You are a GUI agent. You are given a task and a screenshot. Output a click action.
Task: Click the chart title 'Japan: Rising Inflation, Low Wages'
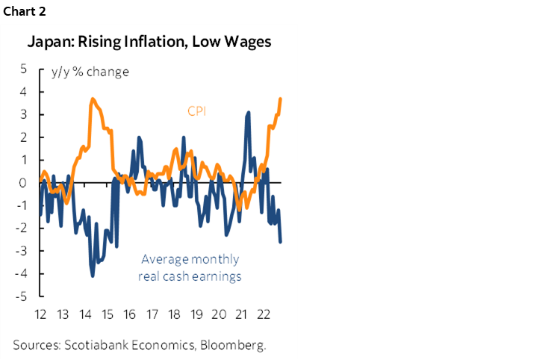(149, 42)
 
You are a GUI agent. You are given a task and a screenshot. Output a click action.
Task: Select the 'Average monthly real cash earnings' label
(190, 268)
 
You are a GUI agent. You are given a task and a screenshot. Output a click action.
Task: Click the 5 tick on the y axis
(23, 69)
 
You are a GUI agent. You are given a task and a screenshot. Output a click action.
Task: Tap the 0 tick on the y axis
(23, 183)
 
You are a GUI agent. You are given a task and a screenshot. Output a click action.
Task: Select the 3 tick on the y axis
(23, 114)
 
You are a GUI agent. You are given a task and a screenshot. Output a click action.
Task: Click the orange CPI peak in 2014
(93, 99)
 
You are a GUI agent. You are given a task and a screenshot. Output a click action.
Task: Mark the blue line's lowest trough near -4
(93, 276)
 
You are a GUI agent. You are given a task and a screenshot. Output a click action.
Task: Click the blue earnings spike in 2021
(247, 113)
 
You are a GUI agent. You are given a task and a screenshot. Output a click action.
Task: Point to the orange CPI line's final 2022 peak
(280, 99)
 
